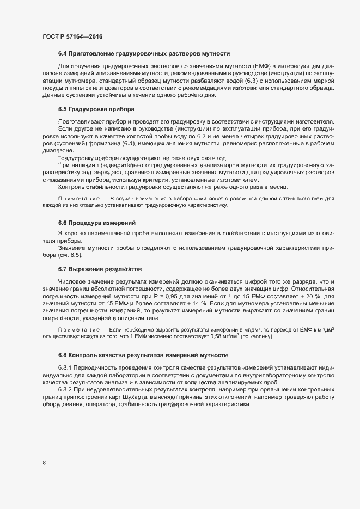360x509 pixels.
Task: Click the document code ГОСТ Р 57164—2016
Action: click(x=72, y=36)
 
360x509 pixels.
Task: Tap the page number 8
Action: click(x=44, y=463)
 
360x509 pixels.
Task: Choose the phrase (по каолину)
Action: click(x=257, y=338)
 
